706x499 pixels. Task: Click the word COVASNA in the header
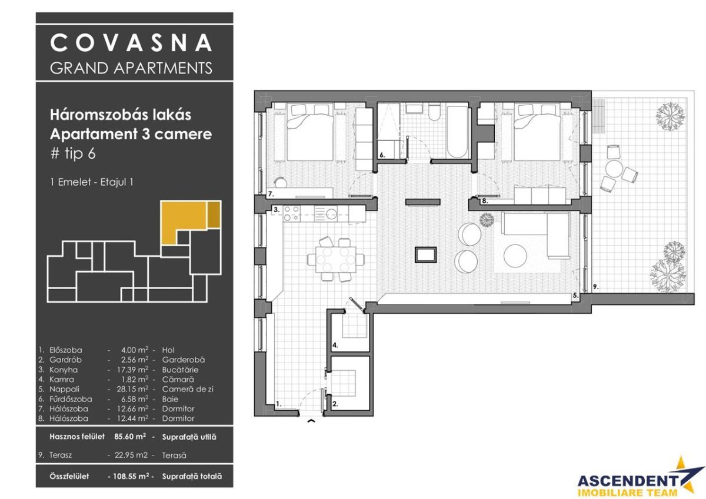[131, 43]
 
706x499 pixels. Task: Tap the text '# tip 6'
[72, 154]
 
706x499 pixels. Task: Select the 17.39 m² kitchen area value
[133, 370]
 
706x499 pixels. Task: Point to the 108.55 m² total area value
[129, 477]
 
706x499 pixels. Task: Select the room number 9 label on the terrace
[595, 287]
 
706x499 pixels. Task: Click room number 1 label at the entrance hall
[279, 404]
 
